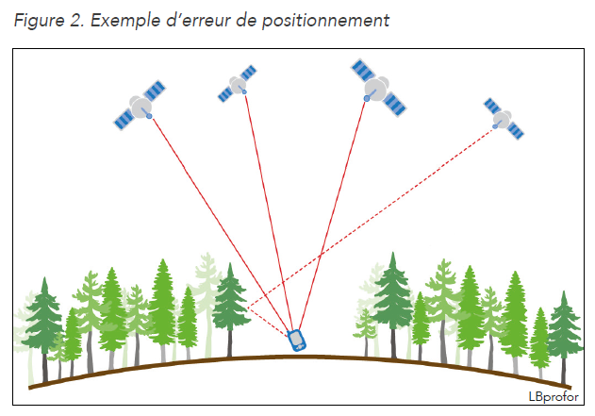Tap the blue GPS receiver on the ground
296,340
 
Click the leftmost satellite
140,105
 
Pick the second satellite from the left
238,84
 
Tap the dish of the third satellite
378,88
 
